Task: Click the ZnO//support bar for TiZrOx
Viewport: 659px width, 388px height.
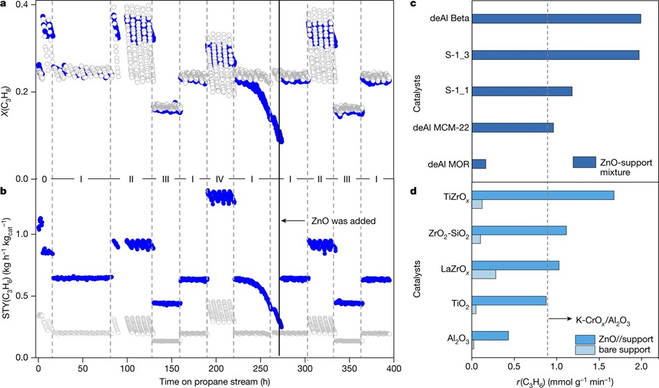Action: point(543,195)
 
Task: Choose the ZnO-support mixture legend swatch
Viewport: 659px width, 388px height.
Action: point(583,162)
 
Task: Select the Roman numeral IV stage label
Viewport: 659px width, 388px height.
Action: point(219,180)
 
